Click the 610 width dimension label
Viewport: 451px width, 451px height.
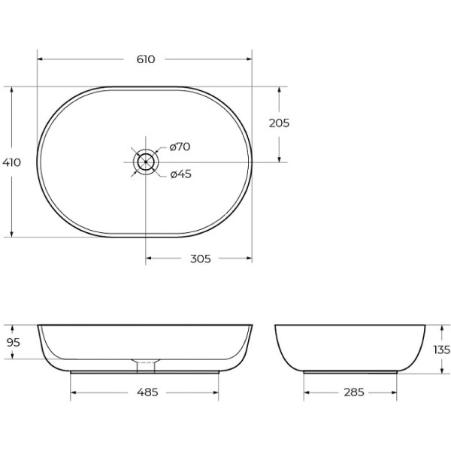tap(145, 59)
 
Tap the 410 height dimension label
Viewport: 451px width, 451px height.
tap(11, 162)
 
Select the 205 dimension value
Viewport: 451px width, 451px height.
tap(279, 123)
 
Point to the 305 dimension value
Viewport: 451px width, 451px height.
tap(199, 259)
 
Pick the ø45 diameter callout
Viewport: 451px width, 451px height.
tap(180, 174)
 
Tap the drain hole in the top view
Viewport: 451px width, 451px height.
tap(145, 162)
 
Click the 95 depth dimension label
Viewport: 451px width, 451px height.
tap(12, 342)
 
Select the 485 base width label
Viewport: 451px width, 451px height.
tap(145, 392)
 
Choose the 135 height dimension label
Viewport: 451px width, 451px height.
tap(441, 350)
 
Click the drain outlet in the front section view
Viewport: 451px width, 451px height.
tap(145, 365)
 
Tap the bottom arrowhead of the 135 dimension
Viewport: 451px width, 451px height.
tap(441, 371)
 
